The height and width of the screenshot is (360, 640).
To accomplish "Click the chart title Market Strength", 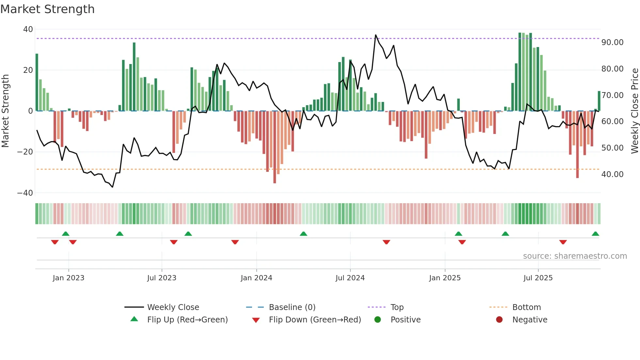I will click(47, 9).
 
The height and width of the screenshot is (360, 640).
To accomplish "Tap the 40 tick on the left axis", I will click(28, 29).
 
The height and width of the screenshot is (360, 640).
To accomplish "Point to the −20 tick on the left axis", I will click(25, 152).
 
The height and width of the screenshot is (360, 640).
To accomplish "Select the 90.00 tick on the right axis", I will click(612, 42).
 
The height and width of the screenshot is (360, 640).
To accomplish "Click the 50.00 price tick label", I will click(612, 148).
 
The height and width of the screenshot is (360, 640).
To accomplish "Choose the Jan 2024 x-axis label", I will click(256, 278).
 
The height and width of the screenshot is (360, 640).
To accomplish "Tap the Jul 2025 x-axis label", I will click(538, 278).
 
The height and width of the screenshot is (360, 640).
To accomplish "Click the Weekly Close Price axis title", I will click(634, 111).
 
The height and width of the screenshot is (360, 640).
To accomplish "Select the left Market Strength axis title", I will click(6, 111).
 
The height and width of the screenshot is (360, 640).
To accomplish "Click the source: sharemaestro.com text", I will click(575, 256).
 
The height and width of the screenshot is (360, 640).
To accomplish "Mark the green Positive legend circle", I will click(378, 319).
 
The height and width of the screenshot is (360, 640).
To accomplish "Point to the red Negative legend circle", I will click(499, 319).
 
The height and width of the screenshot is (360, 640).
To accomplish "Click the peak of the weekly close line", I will click(376, 35).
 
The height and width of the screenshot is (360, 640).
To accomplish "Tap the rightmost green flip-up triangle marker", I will click(595, 234).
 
